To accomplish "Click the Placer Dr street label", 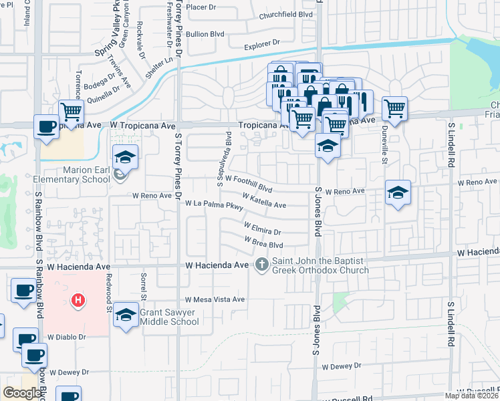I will (x=202, y=7).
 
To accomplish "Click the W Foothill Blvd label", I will (x=249, y=180).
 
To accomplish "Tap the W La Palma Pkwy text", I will (x=214, y=205).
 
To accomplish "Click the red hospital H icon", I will (x=78, y=300).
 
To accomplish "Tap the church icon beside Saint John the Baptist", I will (x=261, y=265).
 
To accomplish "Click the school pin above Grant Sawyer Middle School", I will (x=126, y=314).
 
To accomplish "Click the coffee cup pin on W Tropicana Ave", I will (x=46, y=126).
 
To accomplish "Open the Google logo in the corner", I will (x=23, y=393).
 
